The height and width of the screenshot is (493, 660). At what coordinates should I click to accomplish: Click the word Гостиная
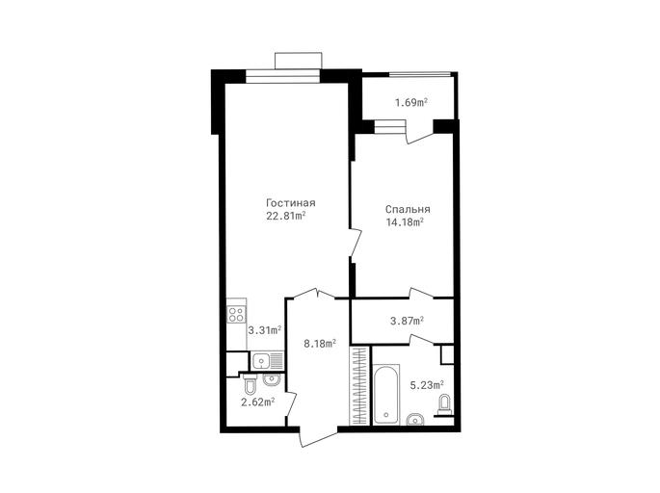coord(290,203)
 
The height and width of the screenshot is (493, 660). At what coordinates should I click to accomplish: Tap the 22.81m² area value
coord(285,217)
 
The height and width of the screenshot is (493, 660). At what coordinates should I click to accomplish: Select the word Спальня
coord(408,209)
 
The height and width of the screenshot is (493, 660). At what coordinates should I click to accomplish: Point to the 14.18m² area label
coord(405,222)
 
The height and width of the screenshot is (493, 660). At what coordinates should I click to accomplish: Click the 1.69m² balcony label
coord(411,102)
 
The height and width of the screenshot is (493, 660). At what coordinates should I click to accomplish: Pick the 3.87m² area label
coord(407,321)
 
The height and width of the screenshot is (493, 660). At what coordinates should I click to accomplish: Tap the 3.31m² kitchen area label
coord(264,329)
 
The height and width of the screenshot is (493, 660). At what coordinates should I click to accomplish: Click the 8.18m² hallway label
coord(320,344)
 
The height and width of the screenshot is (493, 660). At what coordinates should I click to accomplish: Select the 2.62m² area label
coord(257,402)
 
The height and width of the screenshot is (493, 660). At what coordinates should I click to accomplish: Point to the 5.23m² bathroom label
coord(427,385)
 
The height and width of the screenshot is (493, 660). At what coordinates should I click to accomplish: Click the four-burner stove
coord(236,315)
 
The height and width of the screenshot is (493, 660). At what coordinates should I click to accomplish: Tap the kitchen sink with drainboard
coord(268,360)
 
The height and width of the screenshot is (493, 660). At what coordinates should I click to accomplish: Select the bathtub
coord(385,395)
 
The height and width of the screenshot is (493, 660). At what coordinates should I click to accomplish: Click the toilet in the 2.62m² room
coord(250,384)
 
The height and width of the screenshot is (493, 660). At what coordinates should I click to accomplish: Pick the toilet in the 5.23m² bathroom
coord(443,405)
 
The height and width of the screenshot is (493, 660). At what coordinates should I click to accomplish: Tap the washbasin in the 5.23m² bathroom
coord(415,420)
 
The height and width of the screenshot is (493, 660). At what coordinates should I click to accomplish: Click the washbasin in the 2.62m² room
coord(271,379)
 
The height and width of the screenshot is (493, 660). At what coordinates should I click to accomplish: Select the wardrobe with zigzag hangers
coord(359,386)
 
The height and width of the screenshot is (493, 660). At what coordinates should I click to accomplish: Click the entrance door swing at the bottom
coord(318,436)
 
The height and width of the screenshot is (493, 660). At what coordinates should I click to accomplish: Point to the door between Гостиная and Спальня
coord(355,243)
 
